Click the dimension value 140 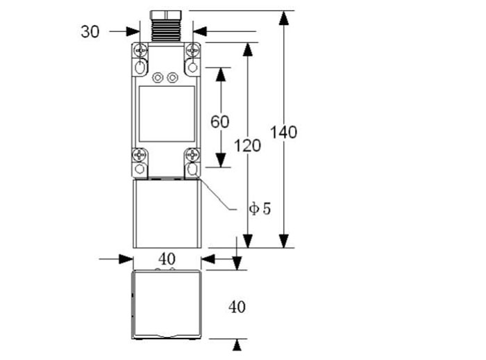(285, 131)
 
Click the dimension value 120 (247, 146)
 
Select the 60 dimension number (219, 122)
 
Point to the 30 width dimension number (90, 31)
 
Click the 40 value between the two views (167, 259)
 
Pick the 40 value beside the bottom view (237, 306)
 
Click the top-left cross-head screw (141, 51)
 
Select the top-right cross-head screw (192, 51)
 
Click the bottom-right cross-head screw (192, 155)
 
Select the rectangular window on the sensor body (167, 114)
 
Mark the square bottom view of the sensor (167, 304)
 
